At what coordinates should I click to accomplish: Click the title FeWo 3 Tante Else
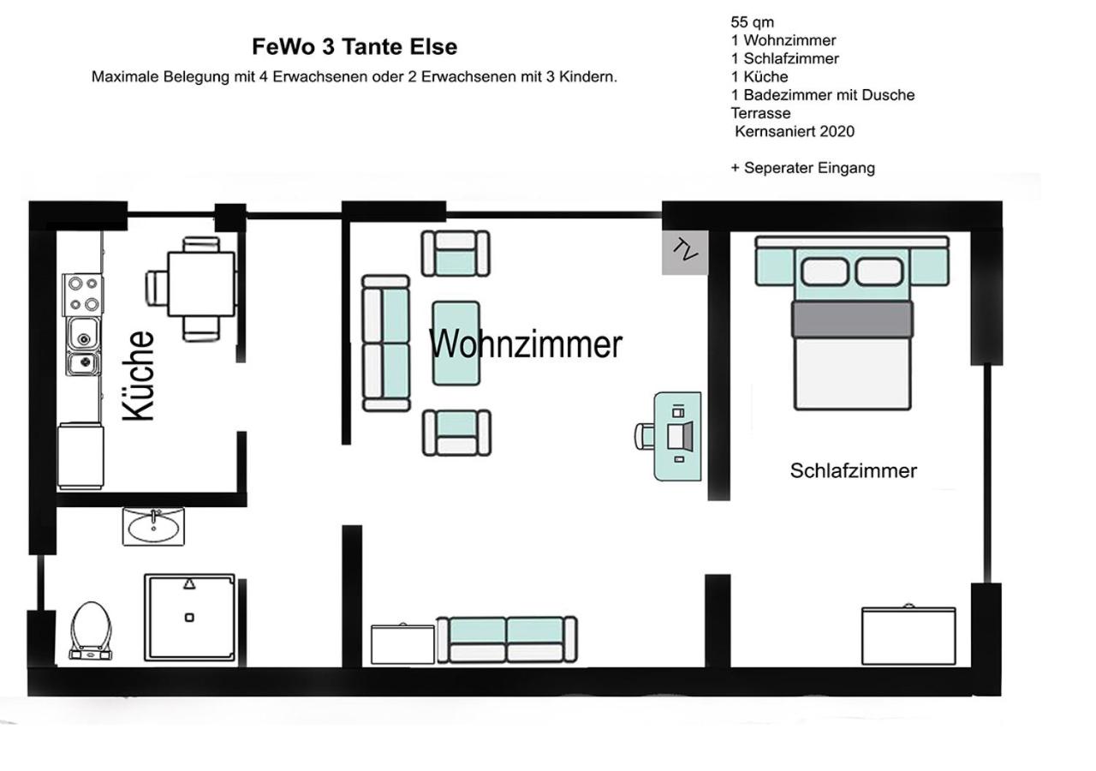coord(354,47)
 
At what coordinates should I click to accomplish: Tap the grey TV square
coord(685,252)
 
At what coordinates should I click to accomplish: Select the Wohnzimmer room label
coord(526,344)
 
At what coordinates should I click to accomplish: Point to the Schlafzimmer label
coord(854,470)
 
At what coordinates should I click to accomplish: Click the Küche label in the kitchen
coord(139,376)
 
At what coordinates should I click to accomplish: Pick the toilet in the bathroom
coord(91,631)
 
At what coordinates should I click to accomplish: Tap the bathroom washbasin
coord(153,526)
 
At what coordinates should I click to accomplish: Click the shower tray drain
coord(189,618)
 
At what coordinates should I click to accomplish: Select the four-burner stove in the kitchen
coord(83,295)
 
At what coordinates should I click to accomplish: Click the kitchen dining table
coord(200,284)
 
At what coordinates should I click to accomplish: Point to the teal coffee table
coord(456,344)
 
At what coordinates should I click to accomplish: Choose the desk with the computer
coord(677,436)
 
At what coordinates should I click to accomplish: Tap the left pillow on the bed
coord(825,272)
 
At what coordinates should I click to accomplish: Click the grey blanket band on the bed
coord(852,320)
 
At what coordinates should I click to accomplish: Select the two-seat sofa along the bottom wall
coord(507,640)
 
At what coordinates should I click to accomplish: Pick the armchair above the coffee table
coord(456,254)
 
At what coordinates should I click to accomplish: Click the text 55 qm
coord(752,22)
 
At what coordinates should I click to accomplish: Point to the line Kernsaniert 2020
coord(795,131)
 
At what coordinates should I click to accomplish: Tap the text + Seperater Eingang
coord(803,168)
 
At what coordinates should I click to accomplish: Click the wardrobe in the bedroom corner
coord(908,636)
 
